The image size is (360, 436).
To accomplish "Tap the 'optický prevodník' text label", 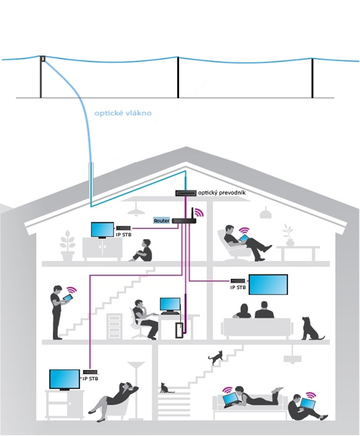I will (221, 193).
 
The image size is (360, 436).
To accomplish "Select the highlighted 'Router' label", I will (162, 220).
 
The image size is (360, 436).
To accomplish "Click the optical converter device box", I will (185, 192).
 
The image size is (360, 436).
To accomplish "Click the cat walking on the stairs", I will (215, 358).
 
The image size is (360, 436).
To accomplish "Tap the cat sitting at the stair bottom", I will (164, 388).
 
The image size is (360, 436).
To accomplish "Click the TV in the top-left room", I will (102, 229).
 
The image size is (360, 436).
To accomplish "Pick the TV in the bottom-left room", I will (64, 379).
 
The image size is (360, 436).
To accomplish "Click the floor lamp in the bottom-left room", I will (138, 387).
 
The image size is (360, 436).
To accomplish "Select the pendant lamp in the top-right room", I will (266, 211).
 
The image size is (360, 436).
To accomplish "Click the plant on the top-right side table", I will (289, 235).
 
